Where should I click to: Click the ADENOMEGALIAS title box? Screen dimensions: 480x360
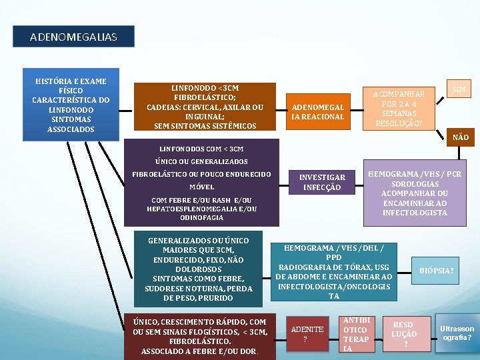[73, 37]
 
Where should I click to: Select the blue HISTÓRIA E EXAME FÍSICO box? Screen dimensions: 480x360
[71, 105]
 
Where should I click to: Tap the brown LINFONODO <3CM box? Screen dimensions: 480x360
[205, 107]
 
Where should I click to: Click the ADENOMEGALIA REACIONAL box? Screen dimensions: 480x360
[317, 112]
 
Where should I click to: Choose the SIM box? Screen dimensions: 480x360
[459, 89]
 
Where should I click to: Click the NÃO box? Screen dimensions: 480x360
[459, 137]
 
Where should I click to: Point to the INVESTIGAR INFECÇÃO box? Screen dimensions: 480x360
[322, 182]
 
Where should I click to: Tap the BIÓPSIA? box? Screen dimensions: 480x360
[436, 271]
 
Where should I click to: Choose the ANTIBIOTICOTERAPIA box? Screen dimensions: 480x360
[355, 334]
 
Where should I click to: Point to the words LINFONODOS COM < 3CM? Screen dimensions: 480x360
[202, 148]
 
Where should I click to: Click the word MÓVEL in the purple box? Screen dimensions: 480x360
[202, 187]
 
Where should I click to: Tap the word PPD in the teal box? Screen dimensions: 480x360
[333, 257]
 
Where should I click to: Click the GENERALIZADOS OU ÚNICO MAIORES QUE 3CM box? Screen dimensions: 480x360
[198, 269]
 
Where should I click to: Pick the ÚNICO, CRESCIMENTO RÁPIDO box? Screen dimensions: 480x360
[199, 336]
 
